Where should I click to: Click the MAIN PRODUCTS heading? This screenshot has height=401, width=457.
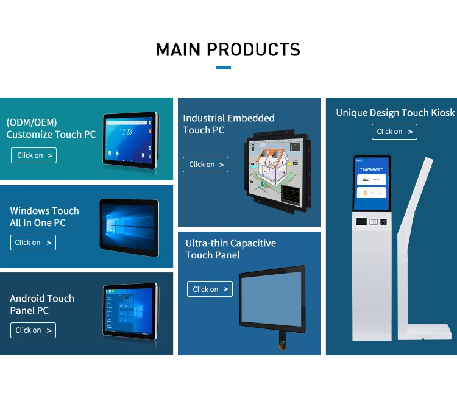tap(228, 49)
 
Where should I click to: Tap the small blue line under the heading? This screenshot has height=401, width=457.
tap(224, 68)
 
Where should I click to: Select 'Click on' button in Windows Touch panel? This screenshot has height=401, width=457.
tap(33, 243)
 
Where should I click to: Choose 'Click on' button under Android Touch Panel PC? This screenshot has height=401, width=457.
tap(33, 330)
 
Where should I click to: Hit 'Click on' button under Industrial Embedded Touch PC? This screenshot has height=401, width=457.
tap(205, 165)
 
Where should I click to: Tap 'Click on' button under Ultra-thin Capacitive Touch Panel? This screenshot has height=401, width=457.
tap(210, 289)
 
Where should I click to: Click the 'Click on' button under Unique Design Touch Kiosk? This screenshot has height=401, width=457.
tap(394, 132)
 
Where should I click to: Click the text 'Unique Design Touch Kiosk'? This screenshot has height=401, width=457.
tap(395, 113)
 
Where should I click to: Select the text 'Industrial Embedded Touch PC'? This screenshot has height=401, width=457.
tap(228, 124)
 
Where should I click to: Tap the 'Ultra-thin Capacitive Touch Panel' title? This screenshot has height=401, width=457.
tap(230, 249)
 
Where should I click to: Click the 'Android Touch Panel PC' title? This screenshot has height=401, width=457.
tap(42, 304)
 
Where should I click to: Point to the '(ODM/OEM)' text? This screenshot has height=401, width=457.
tap(32, 122)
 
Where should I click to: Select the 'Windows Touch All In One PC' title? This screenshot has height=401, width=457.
tap(44, 216)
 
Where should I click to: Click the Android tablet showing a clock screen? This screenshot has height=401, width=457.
tap(129, 139)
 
